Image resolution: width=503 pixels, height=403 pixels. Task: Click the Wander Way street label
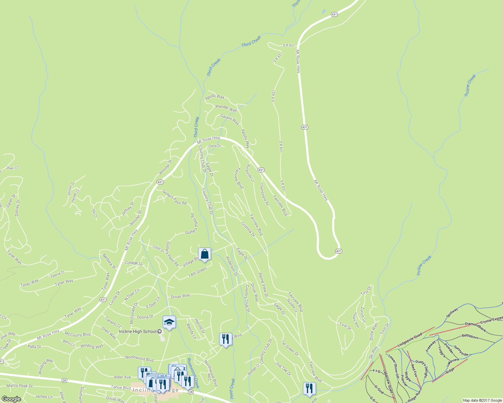coord(226,108)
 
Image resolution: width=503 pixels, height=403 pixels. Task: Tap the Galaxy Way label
coord(230,119)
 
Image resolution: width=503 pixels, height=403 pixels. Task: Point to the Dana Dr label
coord(215,146)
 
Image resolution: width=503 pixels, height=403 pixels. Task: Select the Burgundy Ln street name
coord(250,173)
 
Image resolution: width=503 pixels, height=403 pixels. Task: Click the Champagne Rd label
coord(264,194)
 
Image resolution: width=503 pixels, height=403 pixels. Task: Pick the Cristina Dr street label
coord(248,229)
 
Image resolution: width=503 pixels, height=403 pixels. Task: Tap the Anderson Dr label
coord(232,266)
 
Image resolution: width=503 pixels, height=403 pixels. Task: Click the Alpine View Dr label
coord(263,285)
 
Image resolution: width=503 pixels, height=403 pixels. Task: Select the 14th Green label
coord(197,272)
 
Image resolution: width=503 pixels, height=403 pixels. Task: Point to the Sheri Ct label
coord(12,168)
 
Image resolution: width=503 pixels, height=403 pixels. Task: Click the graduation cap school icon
coord(169,322)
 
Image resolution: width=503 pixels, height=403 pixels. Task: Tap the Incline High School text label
coord(138,331)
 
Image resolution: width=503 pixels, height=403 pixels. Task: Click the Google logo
coord(11,399)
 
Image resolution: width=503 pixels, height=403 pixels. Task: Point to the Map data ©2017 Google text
coord(482,400)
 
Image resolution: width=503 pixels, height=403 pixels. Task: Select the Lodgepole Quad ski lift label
coord(410,340)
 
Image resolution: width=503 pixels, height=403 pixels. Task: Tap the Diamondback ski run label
coord(475,327)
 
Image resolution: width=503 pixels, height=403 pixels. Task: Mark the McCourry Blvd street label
coord(78,334)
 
